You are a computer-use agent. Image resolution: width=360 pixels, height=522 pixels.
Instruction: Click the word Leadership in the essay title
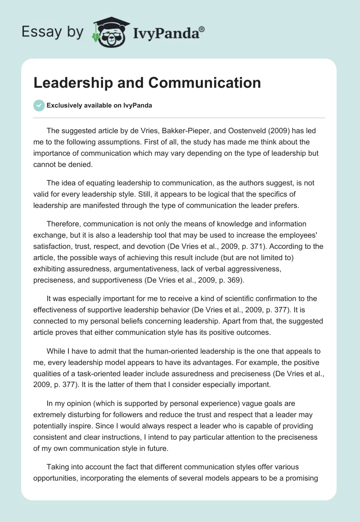[x=72, y=83]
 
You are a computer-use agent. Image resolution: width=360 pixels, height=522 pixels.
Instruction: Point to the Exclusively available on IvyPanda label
[x=99, y=106]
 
